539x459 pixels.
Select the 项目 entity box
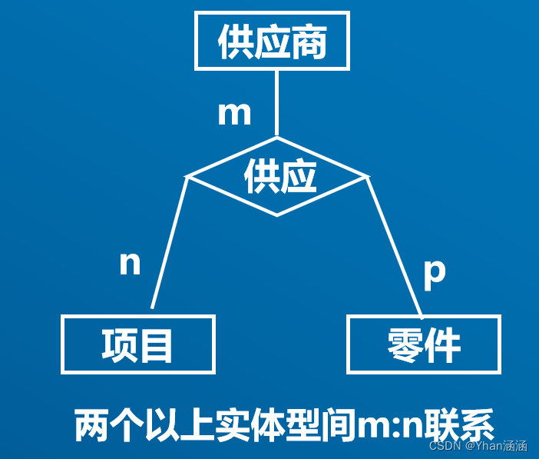[138, 344]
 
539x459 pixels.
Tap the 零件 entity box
[423, 344]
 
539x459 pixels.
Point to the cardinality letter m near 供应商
[234, 114]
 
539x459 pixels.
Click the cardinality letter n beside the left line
[131, 264]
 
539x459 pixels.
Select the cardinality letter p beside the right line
[434, 273]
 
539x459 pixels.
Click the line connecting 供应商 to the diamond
[276, 104]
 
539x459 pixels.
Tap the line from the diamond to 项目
[170, 242]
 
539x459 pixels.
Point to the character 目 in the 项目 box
[156, 344]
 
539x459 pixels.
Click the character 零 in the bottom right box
[405, 345]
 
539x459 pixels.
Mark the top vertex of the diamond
[276, 138]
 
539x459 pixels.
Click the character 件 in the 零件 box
[443, 345]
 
